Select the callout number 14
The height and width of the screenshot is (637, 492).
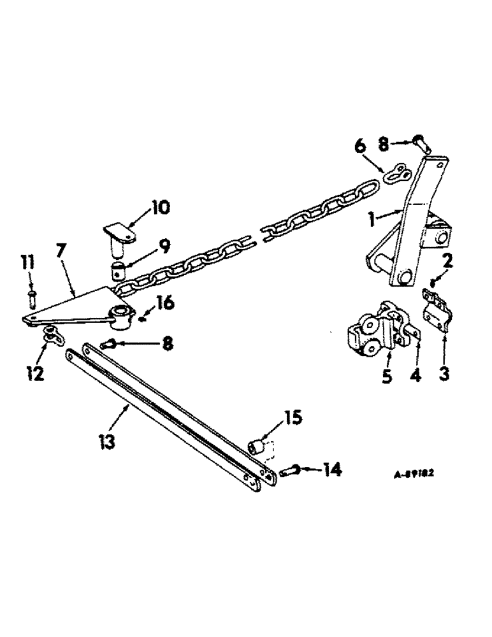pyautogui.click(x=332, y=470)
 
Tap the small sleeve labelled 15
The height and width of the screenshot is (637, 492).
pyautogui.click(x=259, y=443)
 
